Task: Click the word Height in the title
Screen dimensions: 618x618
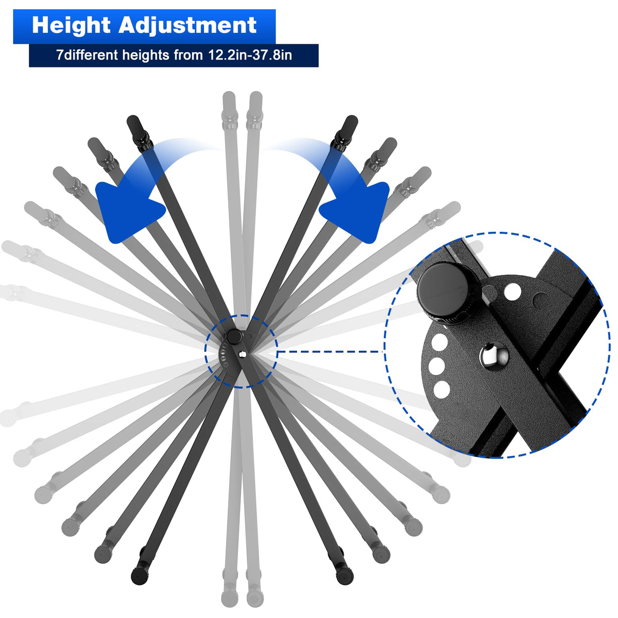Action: click(x=72, y=25)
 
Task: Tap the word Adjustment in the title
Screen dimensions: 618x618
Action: click(x=187, y=26)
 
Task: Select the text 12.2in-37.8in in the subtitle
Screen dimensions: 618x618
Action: click(x=250, y=55)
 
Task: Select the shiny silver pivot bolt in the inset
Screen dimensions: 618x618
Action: click(x=494, y=356)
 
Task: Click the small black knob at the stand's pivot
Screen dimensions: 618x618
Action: click(x=235, y=336)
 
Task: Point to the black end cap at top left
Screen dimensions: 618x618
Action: click(x=134, y=123)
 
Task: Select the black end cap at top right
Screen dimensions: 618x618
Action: click(x=350, y=123)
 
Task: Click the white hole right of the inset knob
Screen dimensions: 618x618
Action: click(x=512, y=292)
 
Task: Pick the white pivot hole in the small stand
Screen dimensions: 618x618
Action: click(x=243, y=353)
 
